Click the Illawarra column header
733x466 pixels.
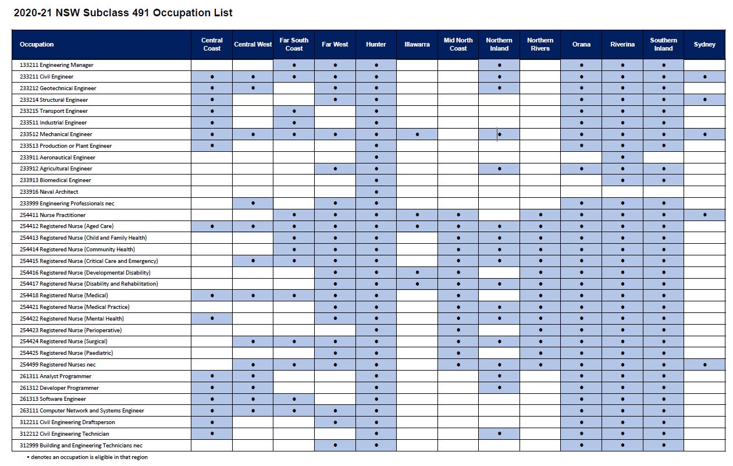click(x=417, y=44)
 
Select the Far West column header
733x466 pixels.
click(x=335, y=44)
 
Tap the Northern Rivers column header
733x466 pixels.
click(x=540, y=44)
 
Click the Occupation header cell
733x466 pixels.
click(x=37, y=44)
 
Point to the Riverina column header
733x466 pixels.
click(x=622, y=44)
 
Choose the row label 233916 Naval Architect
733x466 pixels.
click(x=49, y=192)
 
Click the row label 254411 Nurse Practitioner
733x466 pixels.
click(x=52, y=215)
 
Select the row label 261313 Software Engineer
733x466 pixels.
click(x=53, y=399)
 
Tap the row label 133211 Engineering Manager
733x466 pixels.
click(x=56, y=65)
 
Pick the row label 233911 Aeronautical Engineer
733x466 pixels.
click(x=57, y=158)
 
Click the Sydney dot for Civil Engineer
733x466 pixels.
click(x=704, y=77)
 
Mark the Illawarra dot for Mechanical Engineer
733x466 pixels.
click(x=417, y=134)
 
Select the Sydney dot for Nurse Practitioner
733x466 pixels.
click(x=704, y=215)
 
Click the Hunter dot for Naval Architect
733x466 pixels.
click(x=376, y=192)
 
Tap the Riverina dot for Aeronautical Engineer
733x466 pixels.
click(x=622, y=157)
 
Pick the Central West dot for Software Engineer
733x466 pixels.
click(x=253, y=399)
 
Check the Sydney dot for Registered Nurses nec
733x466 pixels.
click(x=704, y=365)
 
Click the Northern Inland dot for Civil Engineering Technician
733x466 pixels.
click(x=499, y=433)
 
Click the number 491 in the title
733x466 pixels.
click(x=141, y=13)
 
